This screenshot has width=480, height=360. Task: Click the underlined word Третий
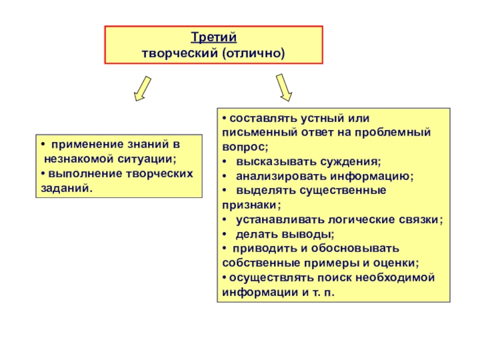click(214, 38)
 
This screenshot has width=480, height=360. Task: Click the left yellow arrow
click(141, 88)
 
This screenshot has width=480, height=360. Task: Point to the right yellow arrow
click(284, 87)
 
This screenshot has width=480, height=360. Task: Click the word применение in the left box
click(85, 145)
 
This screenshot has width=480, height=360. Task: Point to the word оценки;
click(398, 263)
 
